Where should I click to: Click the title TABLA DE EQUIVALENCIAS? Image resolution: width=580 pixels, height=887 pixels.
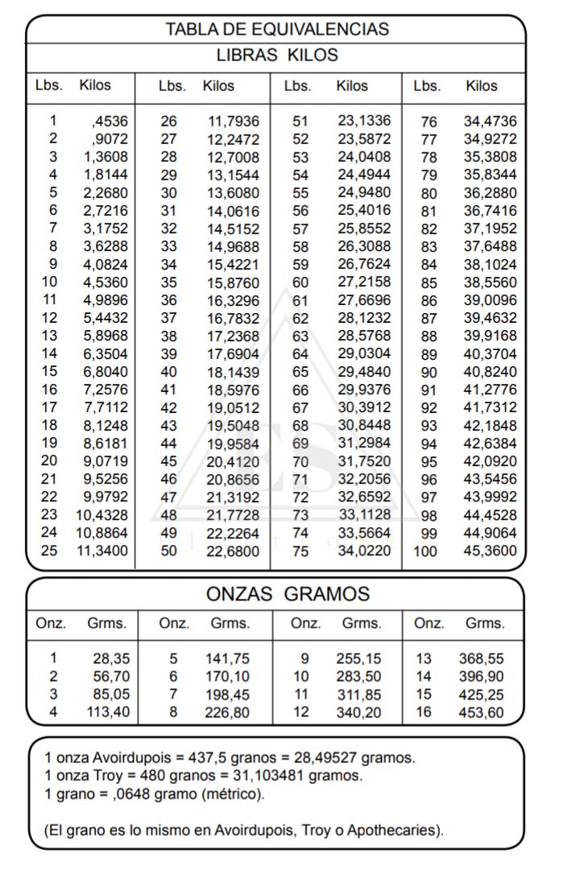(276, 30)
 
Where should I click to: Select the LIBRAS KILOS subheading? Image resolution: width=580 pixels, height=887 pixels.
(276, 56)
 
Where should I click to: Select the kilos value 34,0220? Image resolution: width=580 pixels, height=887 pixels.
(364, 551)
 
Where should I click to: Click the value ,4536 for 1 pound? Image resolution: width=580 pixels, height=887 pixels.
(110, 122)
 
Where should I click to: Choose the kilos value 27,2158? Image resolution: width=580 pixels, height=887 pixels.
(364, 283)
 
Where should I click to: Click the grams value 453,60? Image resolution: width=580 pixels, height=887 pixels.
(481, 712)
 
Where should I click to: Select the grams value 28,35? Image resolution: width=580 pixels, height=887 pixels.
(111, 658)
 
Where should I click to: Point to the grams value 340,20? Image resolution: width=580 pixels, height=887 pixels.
(358, 712)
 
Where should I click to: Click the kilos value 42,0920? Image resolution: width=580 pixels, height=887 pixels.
(490, 462)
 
